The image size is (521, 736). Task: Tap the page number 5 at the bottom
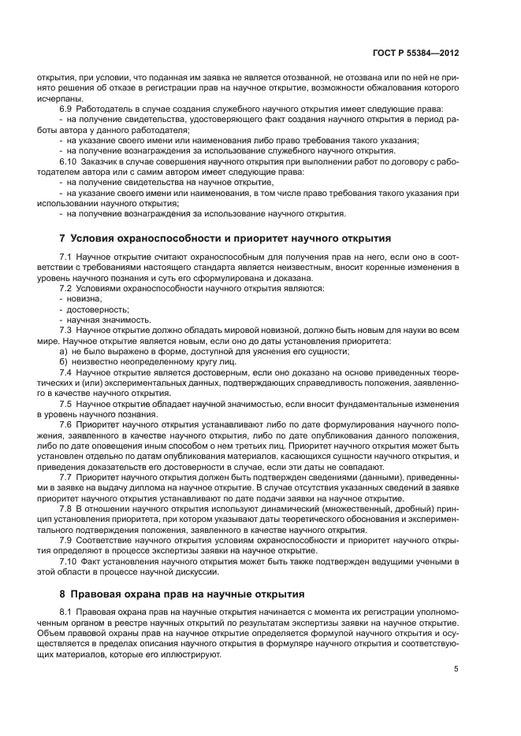[x=456, y=669]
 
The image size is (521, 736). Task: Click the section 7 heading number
[x=62, y=238]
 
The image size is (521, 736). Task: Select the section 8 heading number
[x=62, y=594]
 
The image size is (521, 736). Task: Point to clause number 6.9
[x=65, y=108]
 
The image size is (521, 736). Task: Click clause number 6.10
[x=68, y=161]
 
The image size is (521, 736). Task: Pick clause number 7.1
[x=65, y=257]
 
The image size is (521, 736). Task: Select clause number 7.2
[x=65, y=289]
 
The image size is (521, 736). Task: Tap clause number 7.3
[x=65, y=331]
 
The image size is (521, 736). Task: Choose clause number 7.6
[x=65, y=424]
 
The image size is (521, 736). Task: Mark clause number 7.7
[x=65, y=477]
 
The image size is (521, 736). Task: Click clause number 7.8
[x=65, y=509]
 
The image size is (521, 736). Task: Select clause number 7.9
[x=65, y=540]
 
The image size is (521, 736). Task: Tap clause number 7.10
[x=68, y=561]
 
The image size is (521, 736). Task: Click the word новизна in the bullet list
[x=85, y=299]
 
